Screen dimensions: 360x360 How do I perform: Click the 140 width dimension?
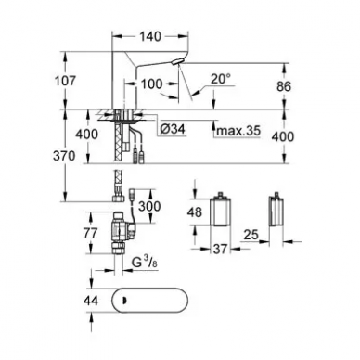(150, 36)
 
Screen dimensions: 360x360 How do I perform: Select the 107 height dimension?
(65, 81)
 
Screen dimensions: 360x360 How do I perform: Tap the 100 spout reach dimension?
(151, 84)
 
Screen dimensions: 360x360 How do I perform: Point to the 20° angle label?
(221, 79)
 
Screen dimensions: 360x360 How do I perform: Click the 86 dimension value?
(284, 86)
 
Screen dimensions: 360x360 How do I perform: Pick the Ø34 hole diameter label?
(173, 129)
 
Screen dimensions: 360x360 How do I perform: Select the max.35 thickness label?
(238, 131)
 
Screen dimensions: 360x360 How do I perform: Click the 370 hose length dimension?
(64, 156)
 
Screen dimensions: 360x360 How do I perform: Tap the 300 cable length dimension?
(149, 206)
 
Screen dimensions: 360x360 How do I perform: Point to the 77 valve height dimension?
(90, 233)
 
